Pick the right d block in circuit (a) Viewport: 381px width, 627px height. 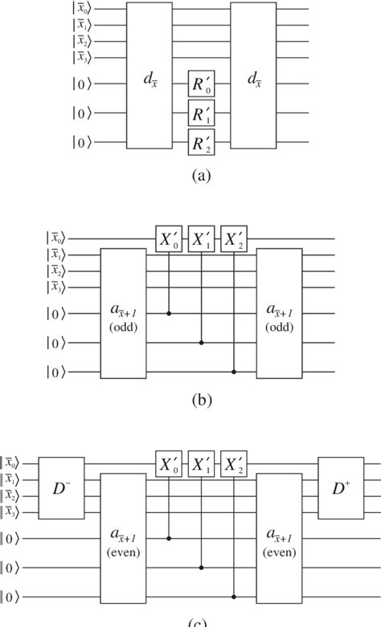pyautogui.click(x=253, y=75)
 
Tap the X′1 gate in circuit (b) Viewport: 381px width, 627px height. pyautogui.click(x=202, y=239)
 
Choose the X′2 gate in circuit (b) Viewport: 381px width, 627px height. pyautogui.click(x=233, y=239)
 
